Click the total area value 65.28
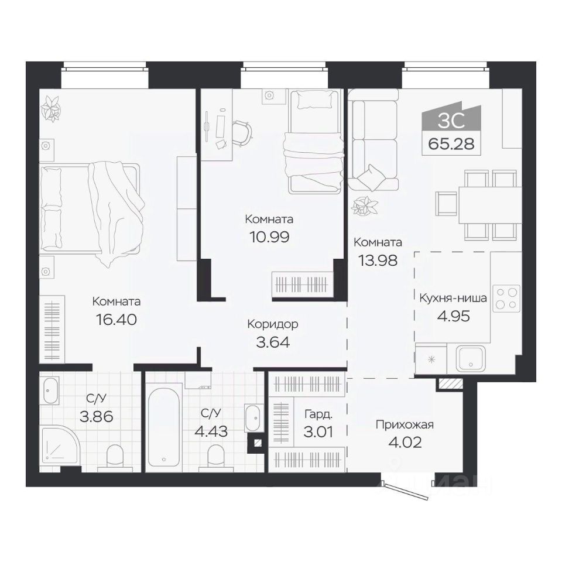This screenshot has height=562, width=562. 451,144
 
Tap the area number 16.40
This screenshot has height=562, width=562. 116,320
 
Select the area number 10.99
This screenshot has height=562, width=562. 269,237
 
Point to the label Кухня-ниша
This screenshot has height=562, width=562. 453,298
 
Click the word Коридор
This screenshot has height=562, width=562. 273,324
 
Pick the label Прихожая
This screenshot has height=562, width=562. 405,425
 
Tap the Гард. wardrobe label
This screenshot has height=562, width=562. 318,414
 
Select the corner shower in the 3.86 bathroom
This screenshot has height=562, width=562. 60,445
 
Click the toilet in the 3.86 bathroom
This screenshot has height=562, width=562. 115,456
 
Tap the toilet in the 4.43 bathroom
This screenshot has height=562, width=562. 217,456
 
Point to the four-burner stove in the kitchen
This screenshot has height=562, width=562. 507,297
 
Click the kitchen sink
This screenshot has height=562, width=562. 471,359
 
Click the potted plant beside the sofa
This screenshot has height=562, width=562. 364,207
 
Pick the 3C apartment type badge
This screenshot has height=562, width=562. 451,119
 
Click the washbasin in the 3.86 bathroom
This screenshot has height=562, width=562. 52,390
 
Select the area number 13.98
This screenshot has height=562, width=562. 378,261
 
